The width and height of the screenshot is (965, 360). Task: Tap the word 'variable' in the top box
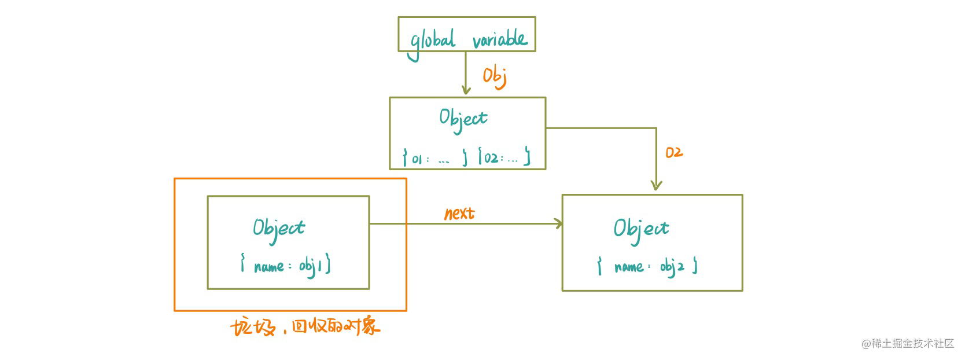click(500, 40)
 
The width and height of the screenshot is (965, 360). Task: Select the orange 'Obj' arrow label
click(495, 77)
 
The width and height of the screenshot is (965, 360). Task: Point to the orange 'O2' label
click(674, 152)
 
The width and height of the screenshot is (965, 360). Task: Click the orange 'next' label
click(460, 213)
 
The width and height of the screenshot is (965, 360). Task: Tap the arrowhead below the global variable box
click(466, 90)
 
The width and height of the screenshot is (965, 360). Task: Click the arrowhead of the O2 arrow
click(656, 185)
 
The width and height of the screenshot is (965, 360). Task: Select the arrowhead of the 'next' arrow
click(558, 223)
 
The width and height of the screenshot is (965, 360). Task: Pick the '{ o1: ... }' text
click(434, 158)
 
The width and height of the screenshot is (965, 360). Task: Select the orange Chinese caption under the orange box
click(305, 327)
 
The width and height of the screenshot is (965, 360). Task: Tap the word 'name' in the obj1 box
click(269, 267)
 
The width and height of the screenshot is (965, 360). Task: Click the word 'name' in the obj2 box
click(629, 267)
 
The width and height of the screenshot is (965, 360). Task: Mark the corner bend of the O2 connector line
click(656, 128)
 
